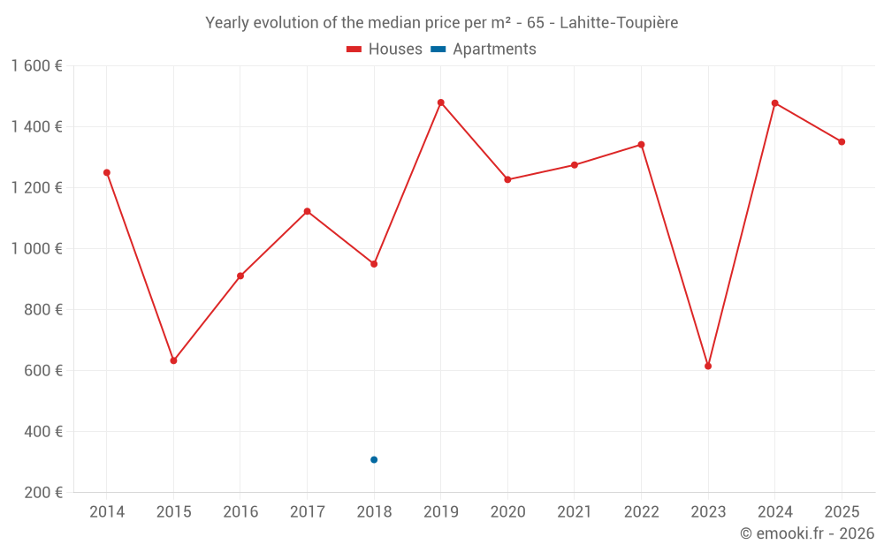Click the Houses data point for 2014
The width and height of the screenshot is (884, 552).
click(x=107, y=172)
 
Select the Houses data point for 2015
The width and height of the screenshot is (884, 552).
click(x=173, y=360)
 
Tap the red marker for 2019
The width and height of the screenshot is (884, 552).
click(x=441, y=102)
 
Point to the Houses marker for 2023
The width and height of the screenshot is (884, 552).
click(x=708, y=366)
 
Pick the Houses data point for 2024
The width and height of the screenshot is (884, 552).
click(x=775, y=103)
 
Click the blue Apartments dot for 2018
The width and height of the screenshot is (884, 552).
click(x=374, y=459)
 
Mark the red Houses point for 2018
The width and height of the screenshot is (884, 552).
click(x=374, y=263)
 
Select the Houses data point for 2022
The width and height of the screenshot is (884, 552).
click(x=642, y=145)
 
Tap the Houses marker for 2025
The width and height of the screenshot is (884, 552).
click(x=842, y=141)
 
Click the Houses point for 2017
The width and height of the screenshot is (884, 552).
click(x=308, y=211)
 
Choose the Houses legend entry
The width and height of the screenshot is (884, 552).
click(x=385, y=49)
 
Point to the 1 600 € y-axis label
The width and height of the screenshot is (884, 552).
click(x=36, y=66)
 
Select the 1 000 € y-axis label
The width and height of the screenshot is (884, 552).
click(x=36, y=249)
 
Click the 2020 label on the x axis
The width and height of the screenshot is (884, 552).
click(x=507, y=511)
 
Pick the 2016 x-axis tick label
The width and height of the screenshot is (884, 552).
click(x=240, y=511)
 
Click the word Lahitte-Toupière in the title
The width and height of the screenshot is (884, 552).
click(x=619, y=23)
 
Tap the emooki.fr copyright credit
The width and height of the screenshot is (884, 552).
click(x=807, y=533)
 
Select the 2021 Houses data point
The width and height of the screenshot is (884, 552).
click(x=575, y=165)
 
